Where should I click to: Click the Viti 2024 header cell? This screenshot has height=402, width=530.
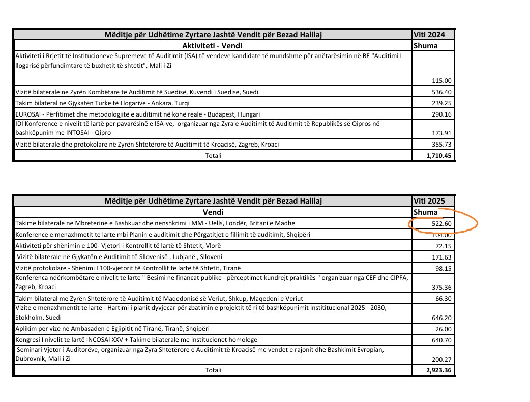click(x=429, y=35)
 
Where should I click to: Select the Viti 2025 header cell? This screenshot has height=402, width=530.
click(x=429, y=202)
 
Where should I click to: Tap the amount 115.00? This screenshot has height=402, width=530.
click(x=441, y=81)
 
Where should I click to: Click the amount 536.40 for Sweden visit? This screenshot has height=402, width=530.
click(x=441, y=92)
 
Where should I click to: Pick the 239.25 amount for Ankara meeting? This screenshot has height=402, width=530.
click(x=441, y=103)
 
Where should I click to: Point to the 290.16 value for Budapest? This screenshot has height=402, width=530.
click(x=441, y=114)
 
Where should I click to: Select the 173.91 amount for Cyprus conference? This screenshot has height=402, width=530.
click(x=441, y=133)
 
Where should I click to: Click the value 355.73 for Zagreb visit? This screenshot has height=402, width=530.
click(x=441, y=145)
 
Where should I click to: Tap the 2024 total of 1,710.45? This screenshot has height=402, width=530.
click(x=439, y=155)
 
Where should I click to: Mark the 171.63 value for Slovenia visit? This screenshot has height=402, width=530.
click(x=441, y=257)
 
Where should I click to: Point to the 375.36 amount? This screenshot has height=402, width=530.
click(x=441, y=288)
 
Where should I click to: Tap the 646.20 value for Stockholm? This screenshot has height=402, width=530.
click(x=441, y=318)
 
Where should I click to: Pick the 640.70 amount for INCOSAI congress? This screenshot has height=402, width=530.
click(x=441, y=340)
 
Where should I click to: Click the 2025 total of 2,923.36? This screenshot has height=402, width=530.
click(x=439, y=370)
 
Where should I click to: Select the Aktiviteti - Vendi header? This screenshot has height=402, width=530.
click(x=213, y=45)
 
